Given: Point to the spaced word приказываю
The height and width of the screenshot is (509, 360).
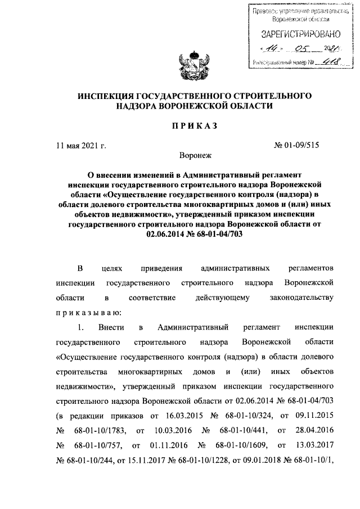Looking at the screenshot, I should pos(87,311).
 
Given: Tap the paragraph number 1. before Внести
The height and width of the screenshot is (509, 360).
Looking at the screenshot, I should pos(82,327).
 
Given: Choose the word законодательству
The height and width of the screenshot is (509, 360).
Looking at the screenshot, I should pos(302,296).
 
